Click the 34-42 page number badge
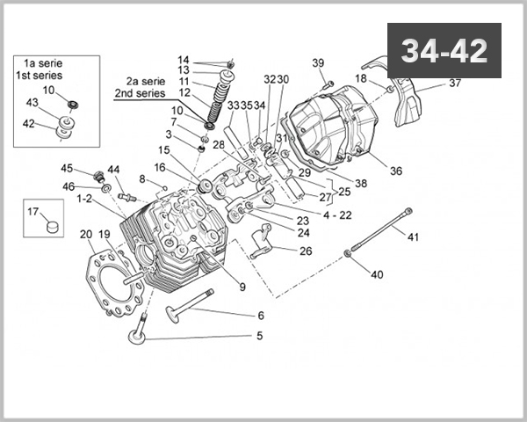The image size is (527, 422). click(444, 51)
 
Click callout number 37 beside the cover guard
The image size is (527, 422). click(454, 84)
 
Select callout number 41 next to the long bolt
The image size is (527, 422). click(413, 235)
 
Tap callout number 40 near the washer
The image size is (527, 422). click(377, 274)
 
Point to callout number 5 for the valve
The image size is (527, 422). click(259, 335)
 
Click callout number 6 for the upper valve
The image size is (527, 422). click(260, 316)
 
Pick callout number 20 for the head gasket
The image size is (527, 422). click(86, 235)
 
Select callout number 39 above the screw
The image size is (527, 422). click(318, 62)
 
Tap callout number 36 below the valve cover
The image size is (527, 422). click(395, 171)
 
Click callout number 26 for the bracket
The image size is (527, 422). click(305, 251)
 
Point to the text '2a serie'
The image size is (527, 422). click(145, 79)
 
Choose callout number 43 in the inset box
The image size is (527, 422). click(32, 103)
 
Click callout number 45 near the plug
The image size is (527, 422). click(67, 169)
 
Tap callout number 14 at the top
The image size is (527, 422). click(184, 59)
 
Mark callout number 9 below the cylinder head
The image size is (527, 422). click(242, 286)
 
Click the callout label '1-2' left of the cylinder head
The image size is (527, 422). click(84, 200)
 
